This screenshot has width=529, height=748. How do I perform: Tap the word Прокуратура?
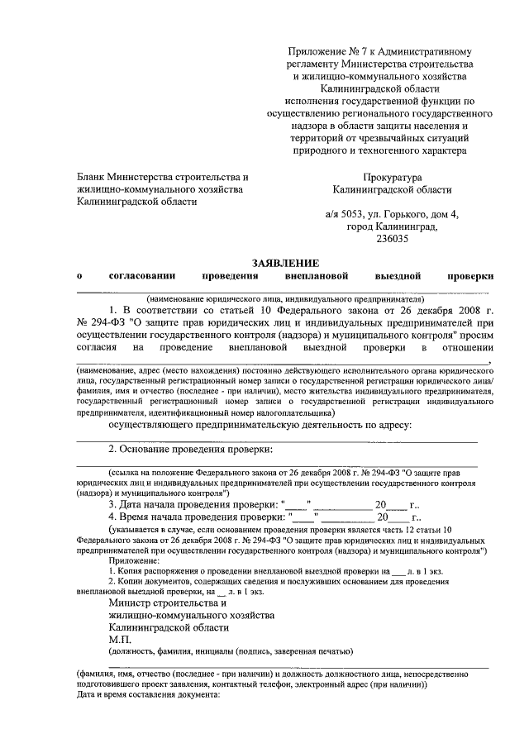click(392, 177)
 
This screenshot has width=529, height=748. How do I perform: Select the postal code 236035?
click(392, 240)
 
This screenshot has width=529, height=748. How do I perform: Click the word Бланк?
click(91, 177)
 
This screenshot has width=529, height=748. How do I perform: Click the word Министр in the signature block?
click(131, 603)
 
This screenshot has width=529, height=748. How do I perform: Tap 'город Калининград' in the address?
click(391, 227)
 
